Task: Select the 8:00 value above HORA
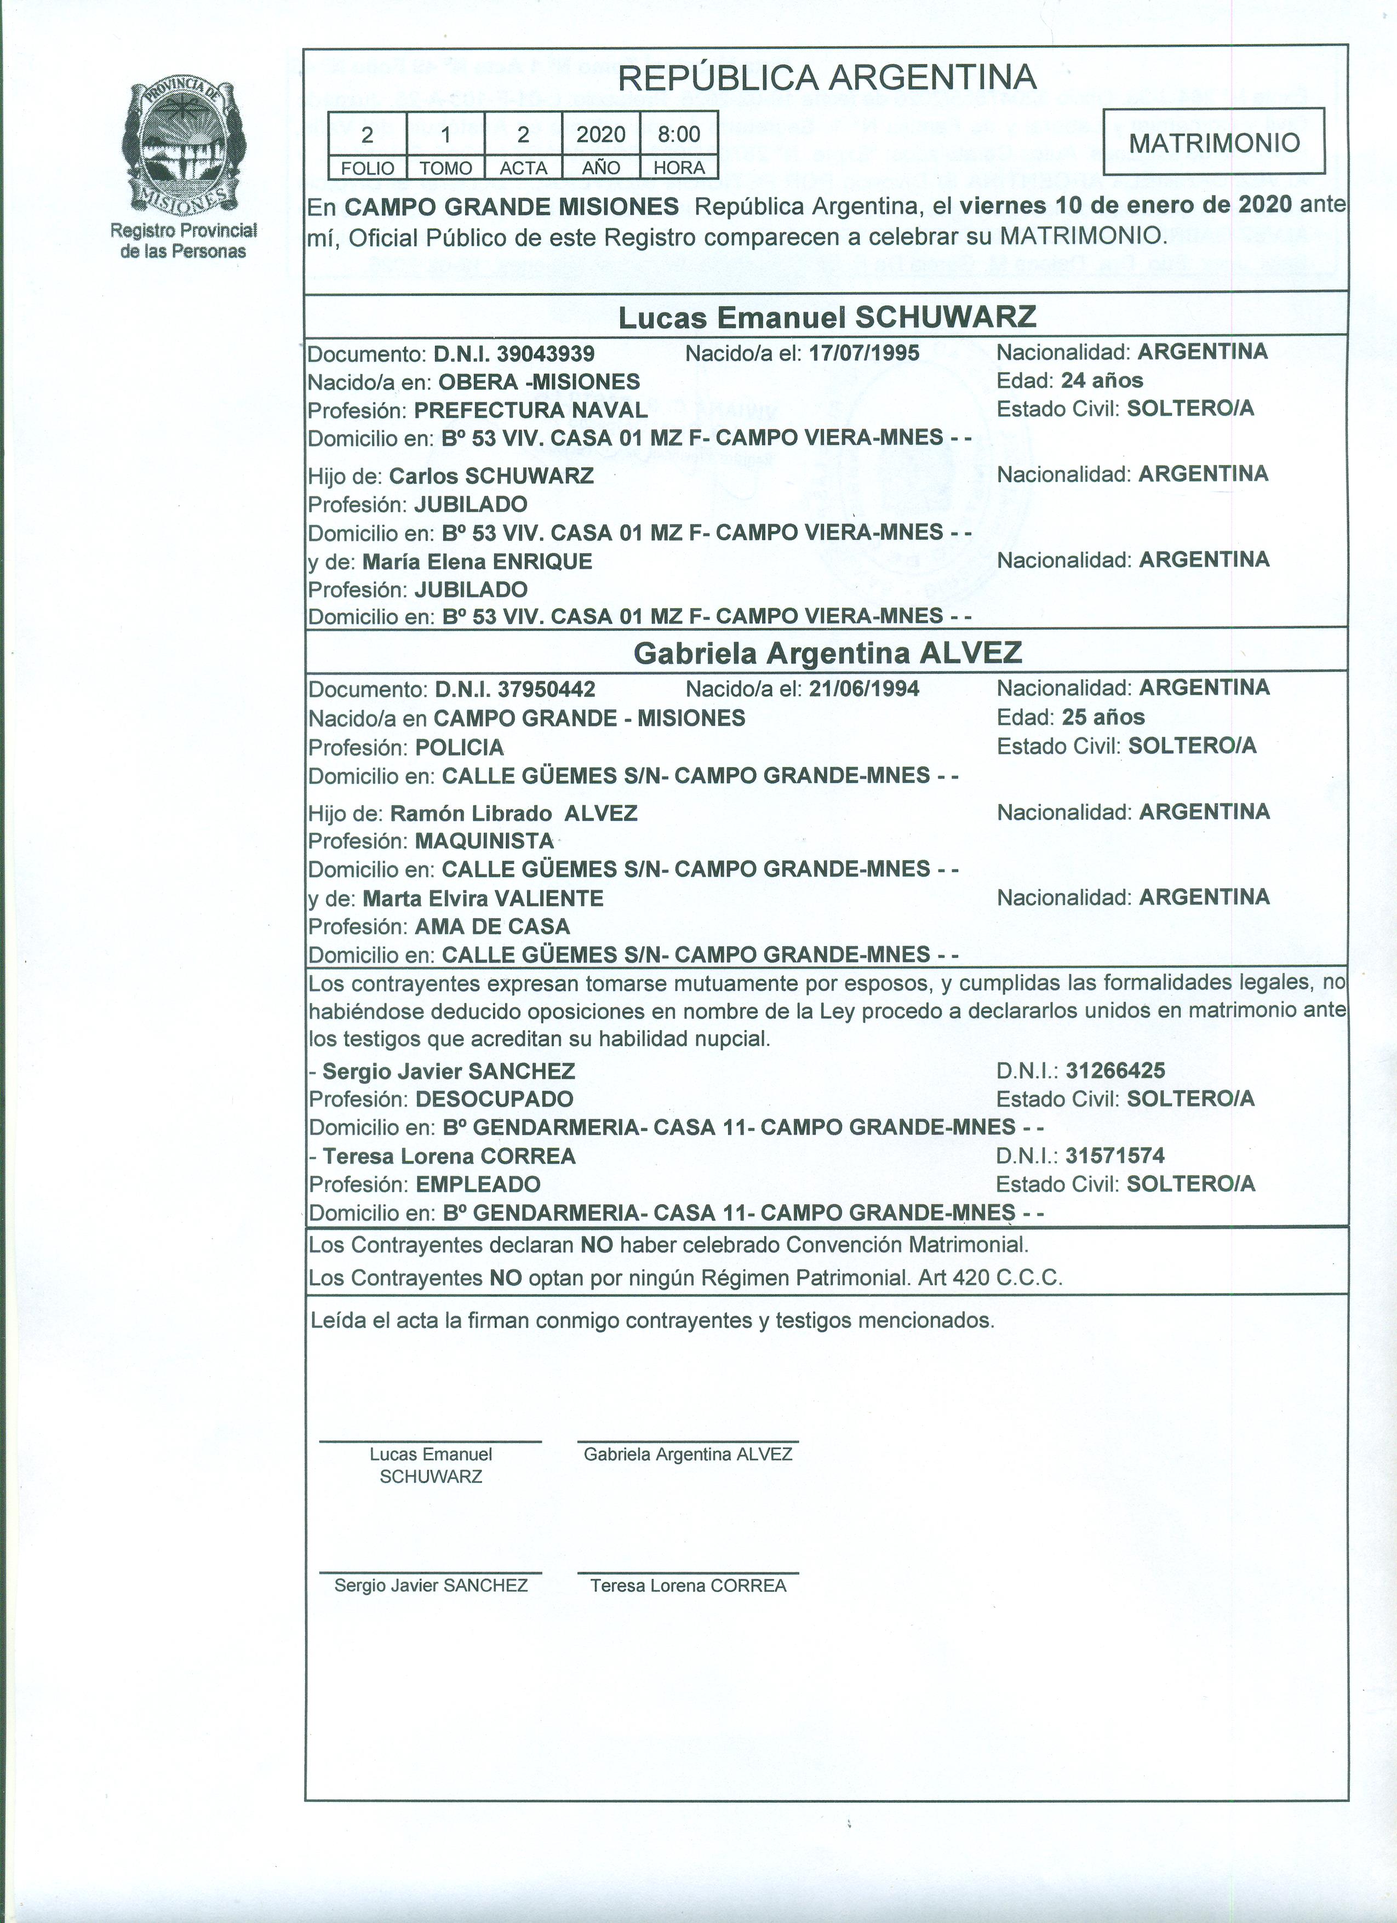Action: (x=679, y=134)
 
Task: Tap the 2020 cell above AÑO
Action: (x=601, y=134)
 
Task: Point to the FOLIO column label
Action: (x=367, y=168)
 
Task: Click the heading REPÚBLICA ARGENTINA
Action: (x=827, y=78)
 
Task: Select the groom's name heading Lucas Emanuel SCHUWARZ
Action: (x=827, y=317)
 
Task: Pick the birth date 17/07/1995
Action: (x=864, y=353)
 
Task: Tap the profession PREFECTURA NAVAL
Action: (x=531, y=410)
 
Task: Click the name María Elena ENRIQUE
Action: (x=477, y=562)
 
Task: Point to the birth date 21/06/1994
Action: (x=864, y=689)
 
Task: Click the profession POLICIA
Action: (x=460, y=747)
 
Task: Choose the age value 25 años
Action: (x=1103, y=717)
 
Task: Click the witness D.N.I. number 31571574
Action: (x=1115, y=1155)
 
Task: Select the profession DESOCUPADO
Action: (x=494, y=1099)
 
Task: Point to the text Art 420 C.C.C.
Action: (x=990, y=1278)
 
